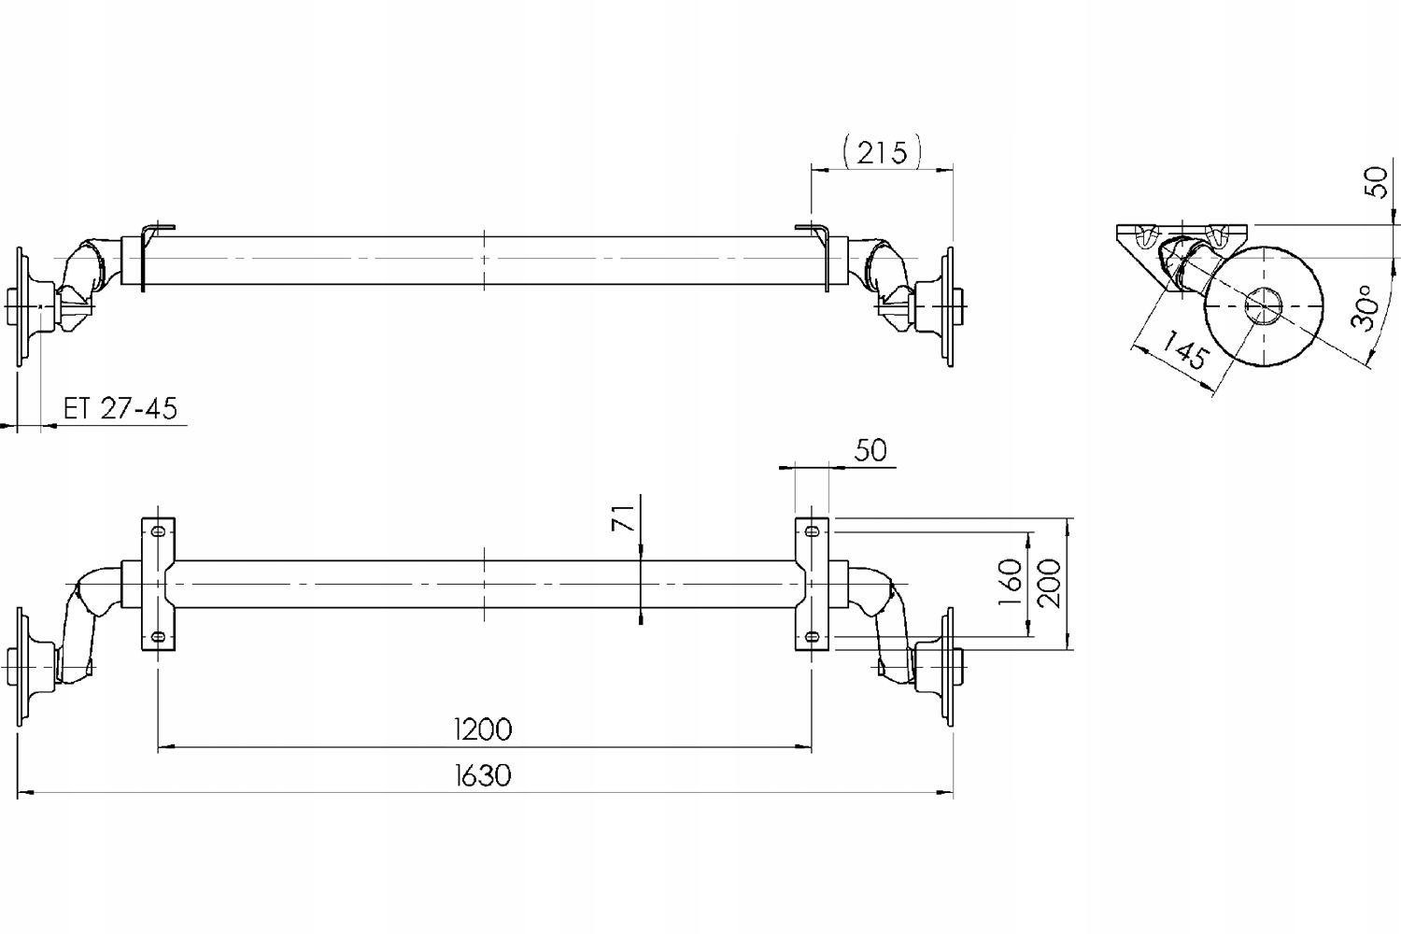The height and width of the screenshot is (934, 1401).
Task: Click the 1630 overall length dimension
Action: tap(482, 775)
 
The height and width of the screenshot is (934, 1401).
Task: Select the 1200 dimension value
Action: tap(482, 728)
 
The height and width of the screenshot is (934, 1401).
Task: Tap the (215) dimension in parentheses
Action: tap(881, 150)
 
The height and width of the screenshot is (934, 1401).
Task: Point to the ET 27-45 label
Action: tap(120, 408)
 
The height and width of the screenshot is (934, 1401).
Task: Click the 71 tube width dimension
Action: tap(625, 516)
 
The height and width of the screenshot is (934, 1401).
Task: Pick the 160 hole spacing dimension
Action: tap(1010, 583)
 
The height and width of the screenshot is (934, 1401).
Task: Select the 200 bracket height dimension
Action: tap(1050, 583)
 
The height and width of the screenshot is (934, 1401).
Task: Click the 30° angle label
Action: tap(1365, 308)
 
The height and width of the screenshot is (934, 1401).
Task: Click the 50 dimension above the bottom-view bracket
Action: tap(870, 450)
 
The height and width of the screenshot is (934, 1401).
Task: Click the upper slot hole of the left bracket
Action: tap(158, 531)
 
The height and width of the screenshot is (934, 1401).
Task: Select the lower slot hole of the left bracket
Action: tap(158, 637)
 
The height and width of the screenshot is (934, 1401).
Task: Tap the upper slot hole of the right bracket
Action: tap(812, 531)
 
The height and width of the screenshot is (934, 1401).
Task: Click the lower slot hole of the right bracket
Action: tap(812, 637)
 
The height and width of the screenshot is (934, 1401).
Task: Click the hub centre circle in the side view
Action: tap(1264, 306)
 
